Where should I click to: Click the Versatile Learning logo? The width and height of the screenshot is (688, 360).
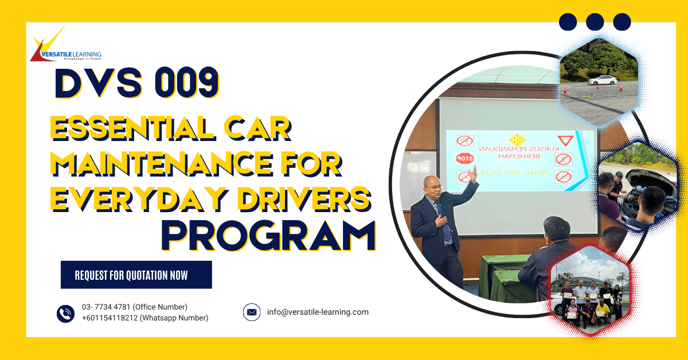[x=66, y=44]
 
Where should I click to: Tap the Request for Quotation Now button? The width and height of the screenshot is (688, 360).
[x=136, y=275]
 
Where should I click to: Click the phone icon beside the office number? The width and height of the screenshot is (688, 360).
[x=65, y=314]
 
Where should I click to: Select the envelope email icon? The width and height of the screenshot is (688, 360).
[x=252, y=312]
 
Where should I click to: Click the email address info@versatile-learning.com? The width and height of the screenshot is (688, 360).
[x=318, y=312]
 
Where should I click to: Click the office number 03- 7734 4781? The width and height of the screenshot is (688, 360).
[x=106, y=307]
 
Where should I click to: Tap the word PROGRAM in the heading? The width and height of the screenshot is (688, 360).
[x=268, y=236]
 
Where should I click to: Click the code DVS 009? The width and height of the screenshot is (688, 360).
[x=136, y=83]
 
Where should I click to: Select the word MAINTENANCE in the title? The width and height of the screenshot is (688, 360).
[x=162, y=163]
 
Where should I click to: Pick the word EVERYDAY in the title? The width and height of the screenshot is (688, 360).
[x=139, y=199]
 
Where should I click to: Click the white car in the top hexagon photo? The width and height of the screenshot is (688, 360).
[x=602, y=80]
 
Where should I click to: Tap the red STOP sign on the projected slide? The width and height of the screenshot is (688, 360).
[x=465, y=158]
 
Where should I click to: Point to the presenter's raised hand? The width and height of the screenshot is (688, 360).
[x=473, y=173]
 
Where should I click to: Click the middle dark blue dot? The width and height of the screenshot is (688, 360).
[x=595, y=22]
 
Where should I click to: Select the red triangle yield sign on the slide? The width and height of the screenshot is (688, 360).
[x=565, y=140]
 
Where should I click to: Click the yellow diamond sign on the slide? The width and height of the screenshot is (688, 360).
[x=517, y=140]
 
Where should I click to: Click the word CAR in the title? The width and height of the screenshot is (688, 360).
[x=257, y=128]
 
